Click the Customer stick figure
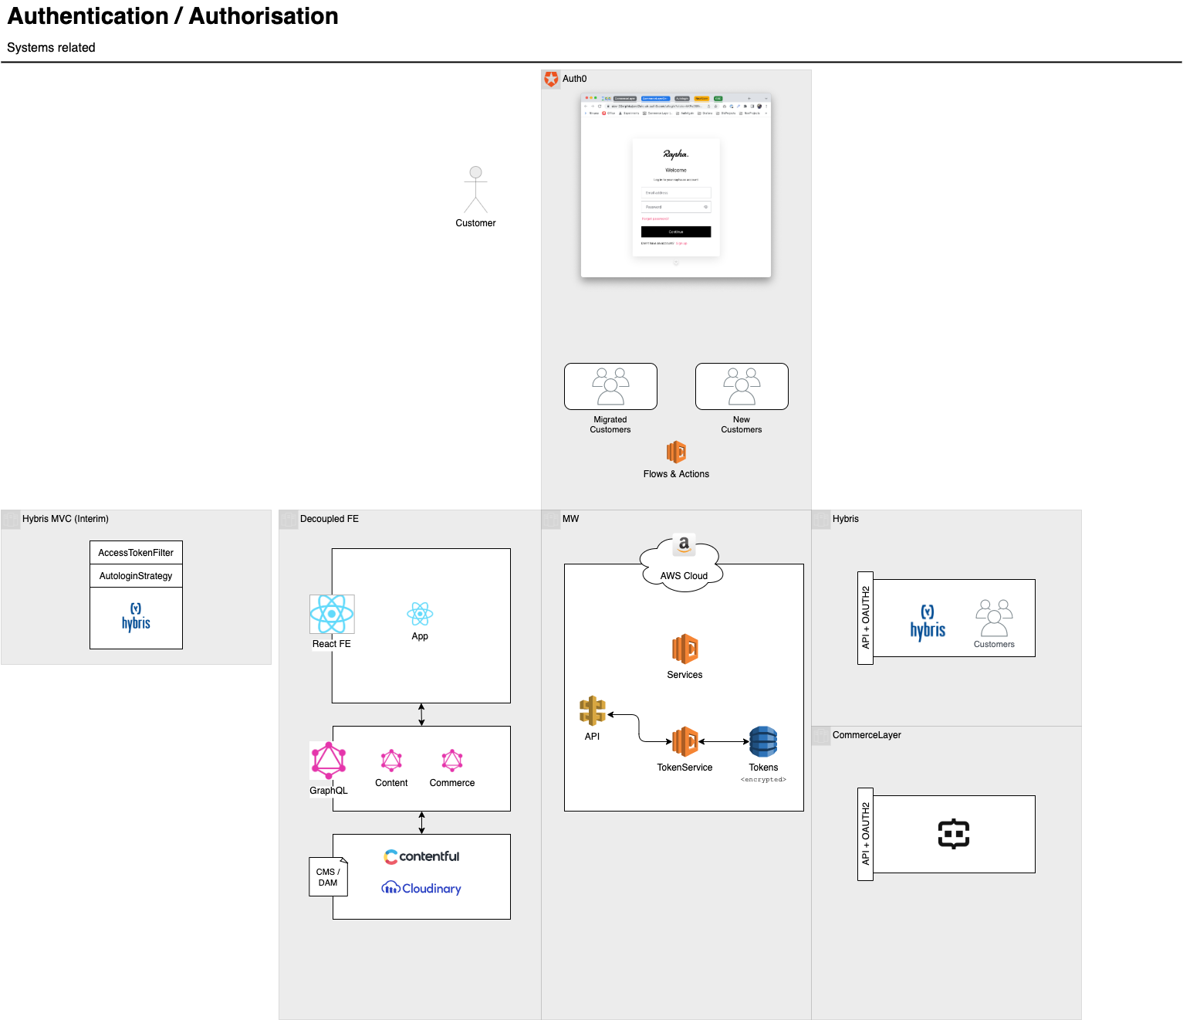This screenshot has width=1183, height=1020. point(475,190)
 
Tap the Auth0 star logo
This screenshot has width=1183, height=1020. point(551,79)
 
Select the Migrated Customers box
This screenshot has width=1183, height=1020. point(610,386)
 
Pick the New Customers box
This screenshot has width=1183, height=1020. point(742,386)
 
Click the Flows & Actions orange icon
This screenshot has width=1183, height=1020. point(676,452)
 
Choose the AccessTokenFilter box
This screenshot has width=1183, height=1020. point(136,553)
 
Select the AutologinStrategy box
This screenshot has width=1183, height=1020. point(136,576)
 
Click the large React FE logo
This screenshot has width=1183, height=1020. point(332,614)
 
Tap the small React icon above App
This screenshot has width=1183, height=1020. point(420,614)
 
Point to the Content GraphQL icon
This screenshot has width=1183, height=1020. point(391,761)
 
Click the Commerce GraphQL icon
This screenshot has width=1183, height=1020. point(452,761)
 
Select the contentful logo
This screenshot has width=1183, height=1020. point(421,856)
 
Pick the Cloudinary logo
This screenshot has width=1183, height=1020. point(421,889)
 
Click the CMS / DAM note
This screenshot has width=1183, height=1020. point(328,877)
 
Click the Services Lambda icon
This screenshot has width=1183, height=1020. point(684,649)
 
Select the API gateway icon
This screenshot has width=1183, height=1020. point(592,711)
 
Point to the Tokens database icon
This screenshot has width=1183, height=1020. point(763,742)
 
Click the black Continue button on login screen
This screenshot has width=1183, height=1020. point(676,232)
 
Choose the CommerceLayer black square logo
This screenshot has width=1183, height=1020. point(954,834)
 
